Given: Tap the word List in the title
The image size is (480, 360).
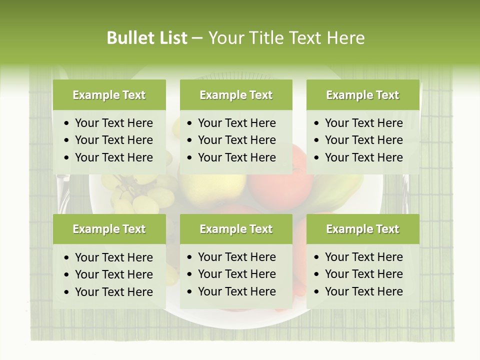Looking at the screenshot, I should coord(171,38).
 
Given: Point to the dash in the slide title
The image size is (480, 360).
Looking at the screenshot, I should coord(197,38).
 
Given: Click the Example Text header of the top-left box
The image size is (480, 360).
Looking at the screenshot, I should coord(109,95).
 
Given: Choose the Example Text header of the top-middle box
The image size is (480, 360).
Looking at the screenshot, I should coord(236,95).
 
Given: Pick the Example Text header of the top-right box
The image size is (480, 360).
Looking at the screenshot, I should coord(362,95).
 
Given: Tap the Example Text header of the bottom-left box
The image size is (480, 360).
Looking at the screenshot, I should coord(109,229).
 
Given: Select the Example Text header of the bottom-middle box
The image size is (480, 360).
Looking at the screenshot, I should coord(236,229).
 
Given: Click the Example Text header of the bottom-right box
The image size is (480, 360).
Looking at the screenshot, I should coord(362,229).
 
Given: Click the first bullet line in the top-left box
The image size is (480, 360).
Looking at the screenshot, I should coord(113,123).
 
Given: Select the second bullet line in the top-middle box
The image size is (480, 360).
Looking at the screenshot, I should coord(236,140).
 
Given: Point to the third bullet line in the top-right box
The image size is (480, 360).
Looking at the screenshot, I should coord(363,157).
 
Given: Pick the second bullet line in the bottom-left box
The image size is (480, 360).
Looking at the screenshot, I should coord(113,274).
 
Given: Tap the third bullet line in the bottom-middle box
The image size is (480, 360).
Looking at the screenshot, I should coord(236,291).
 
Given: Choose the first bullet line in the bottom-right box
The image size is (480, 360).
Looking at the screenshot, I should coord(363,257).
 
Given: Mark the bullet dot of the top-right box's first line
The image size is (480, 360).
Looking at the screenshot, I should coord(316,123).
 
